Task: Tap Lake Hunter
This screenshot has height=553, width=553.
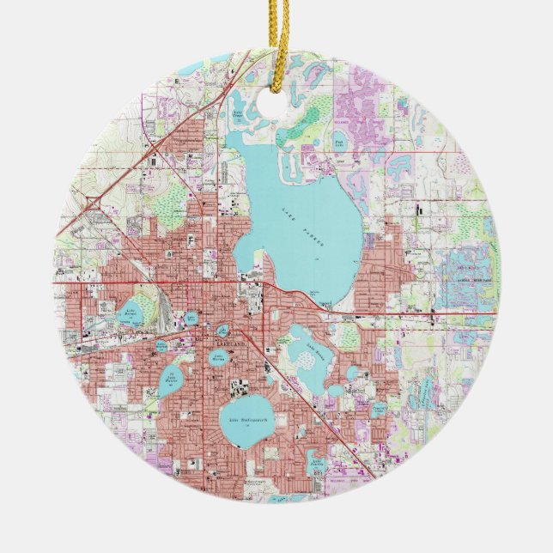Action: [172, 379]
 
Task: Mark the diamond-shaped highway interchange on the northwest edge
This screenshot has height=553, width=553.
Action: [92, 204]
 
